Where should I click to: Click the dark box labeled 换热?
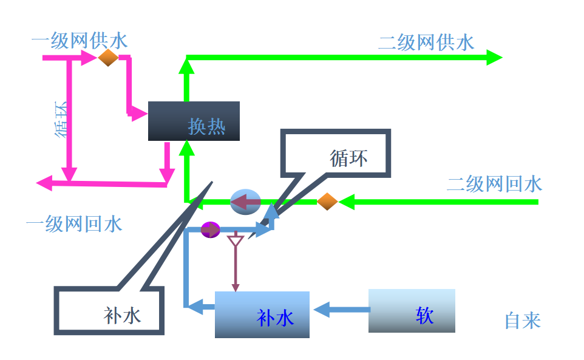[194, 121]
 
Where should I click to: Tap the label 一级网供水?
[80, 41]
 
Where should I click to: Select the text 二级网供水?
[426, 42]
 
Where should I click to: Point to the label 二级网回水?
[494, 184]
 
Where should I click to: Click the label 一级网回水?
[74, 224]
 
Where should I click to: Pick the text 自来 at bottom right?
[522, 320]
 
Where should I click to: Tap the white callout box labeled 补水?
[110, 310]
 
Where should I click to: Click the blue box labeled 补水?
[262, 314]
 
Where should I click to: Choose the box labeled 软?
[412, 311]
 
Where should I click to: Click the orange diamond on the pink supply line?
[108, 58]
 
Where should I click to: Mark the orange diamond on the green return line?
[327, 202]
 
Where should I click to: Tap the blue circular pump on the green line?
[245, 202]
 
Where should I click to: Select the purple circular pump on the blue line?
[211, 229]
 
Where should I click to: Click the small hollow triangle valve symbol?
[235, 240]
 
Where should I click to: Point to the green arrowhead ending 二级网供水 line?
[494, 58]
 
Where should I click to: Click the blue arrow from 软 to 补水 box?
[341, 310]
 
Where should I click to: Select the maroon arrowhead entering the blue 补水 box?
[235, 287]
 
